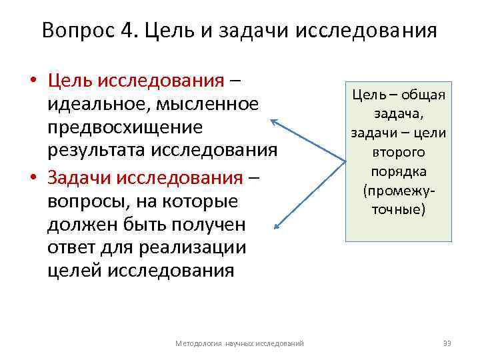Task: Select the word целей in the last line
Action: coord(69,270)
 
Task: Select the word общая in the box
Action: coord(422,94)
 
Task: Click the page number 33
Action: coord(447,343)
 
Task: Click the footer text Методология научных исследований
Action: coord(239,343)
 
